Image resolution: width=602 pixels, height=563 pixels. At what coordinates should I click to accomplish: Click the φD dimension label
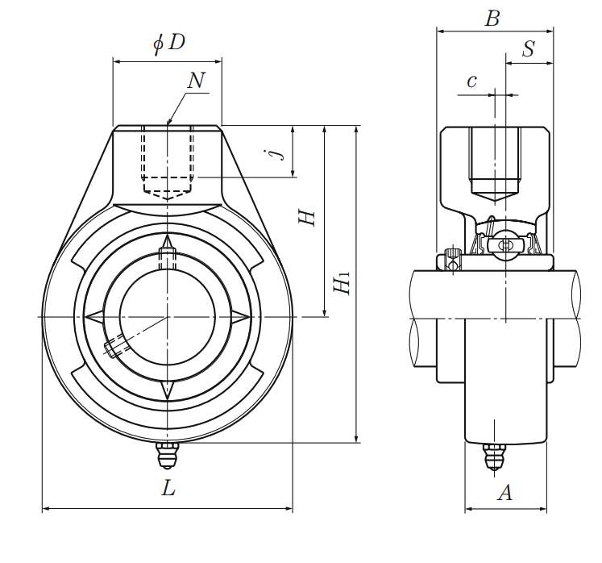pos(169,44)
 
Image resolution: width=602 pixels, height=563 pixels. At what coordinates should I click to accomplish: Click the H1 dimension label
pos(343,282)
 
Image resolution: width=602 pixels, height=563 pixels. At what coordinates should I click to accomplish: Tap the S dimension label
pos(528,49)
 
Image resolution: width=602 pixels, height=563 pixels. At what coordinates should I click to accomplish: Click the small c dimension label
pos(471,81)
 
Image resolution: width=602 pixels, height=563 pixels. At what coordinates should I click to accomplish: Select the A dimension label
pos(504,492)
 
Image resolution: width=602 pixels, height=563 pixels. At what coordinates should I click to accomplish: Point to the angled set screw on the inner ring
pos(115,348)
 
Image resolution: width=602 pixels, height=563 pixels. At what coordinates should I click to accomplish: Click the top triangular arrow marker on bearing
pos(168,243)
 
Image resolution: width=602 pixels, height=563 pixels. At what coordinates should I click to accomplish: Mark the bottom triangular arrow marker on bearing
pos(168,390)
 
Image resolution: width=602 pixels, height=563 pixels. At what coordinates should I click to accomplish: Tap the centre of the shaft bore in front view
pos(168,316)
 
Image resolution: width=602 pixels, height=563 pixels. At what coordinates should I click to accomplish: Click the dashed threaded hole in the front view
pos(168,161)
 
